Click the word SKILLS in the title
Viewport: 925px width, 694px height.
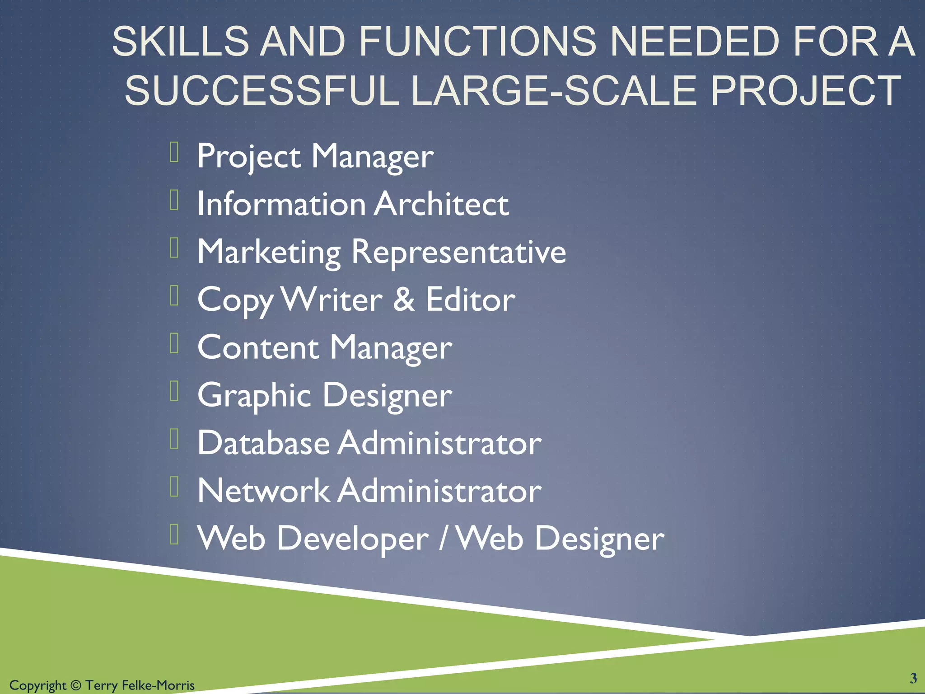pyautogui.click(x=180, y=42)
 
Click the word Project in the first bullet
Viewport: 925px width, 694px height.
pyautogui.click(x=249, y=156)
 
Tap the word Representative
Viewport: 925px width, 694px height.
pyautogui.click(x=458, y=252)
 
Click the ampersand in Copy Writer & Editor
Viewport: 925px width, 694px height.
pyautogui.click(x=404, y=300)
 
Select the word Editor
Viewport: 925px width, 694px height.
pyautogui.click(x=470, y=300)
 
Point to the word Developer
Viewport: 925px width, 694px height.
pyautogui.click(x=352, y=539)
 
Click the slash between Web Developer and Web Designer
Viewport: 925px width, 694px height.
pyautogui.click(x=443, y=539)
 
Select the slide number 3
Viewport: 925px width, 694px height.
pyautogui.click(x=913, y=678)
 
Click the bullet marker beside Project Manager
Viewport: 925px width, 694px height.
pyautogui.click(x=174, y=152)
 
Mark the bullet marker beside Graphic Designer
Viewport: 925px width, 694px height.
pyautogui.click(x=174, y=391)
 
